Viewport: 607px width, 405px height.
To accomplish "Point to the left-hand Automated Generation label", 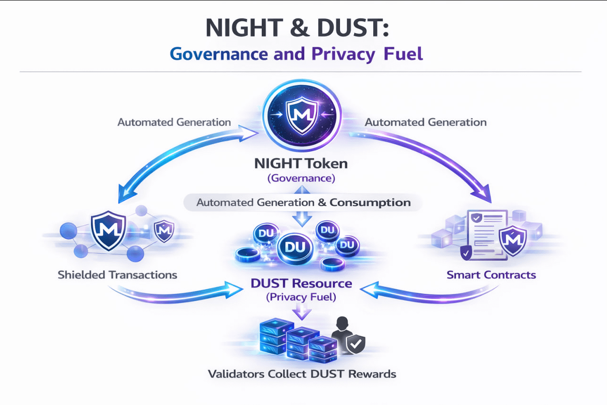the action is pos(174,122).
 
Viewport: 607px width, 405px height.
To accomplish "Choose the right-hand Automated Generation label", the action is pos(426,122).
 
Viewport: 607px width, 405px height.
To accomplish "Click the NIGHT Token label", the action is pos(301,164).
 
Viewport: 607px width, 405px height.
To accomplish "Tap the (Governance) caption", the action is pos(301,179).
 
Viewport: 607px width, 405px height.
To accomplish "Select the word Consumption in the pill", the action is pos(370,203).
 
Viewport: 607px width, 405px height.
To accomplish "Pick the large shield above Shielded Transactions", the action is pos(108,230).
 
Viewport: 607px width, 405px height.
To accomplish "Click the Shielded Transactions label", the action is pos(118,274).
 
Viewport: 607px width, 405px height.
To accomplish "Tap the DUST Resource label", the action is pos(301,283).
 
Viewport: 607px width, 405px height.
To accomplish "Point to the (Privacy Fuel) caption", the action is pos(301,297).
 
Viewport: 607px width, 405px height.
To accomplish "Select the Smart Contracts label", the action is pos(491,274).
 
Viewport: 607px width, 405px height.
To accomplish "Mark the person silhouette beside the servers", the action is pos(340,332).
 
